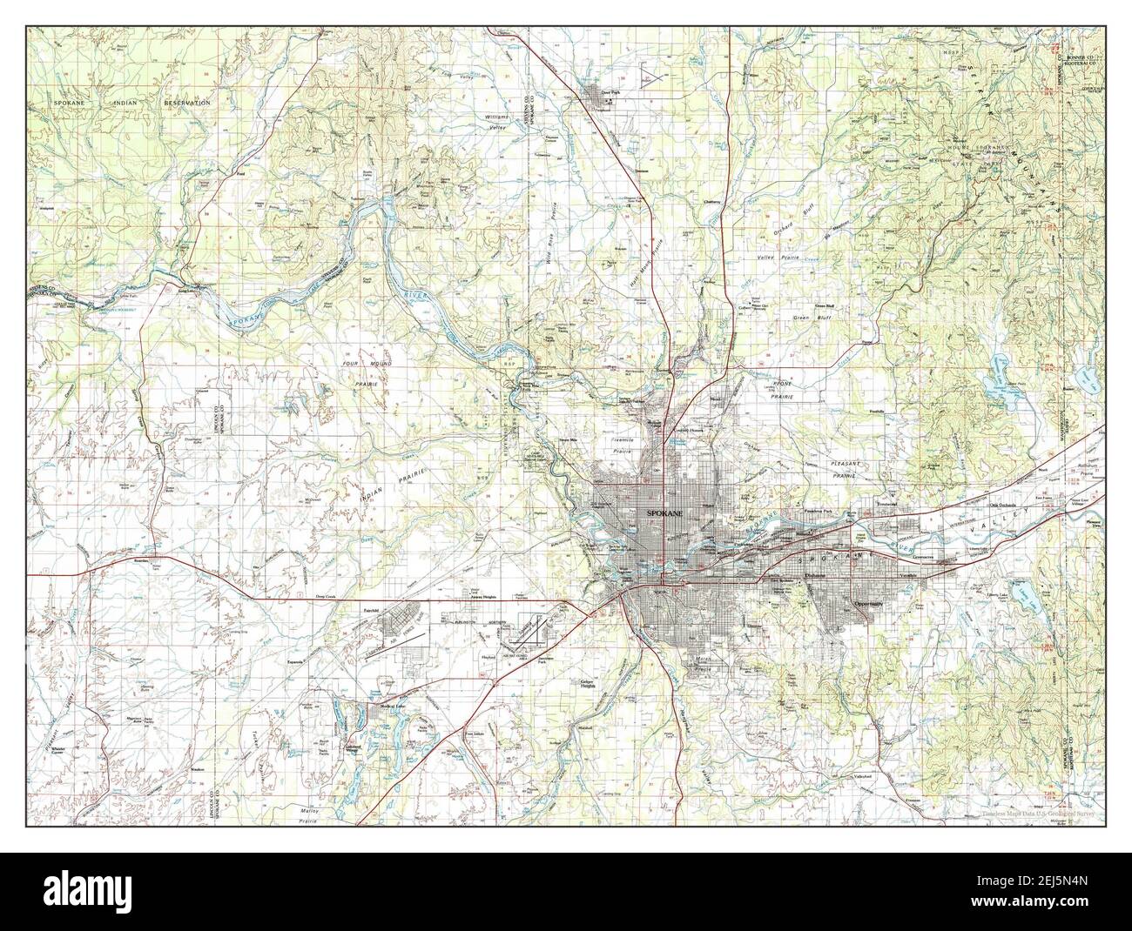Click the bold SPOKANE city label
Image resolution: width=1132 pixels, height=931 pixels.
[665, 515]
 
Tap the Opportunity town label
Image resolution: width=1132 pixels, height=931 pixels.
[868, 603]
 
